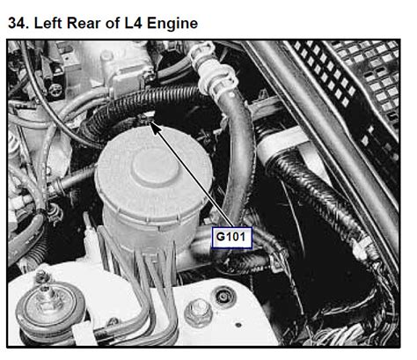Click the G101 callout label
pos(231,238)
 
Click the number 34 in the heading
pos(17,23)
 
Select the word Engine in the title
pos(172,24)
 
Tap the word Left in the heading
pos(48,23)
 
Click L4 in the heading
pos(134,23)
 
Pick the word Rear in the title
pos(84,23)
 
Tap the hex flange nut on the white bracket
pos(198,312)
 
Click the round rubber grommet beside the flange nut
pos(224,297)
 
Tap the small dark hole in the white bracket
pos(239,325)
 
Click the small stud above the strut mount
pos(42,276)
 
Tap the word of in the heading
pos(113,23)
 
